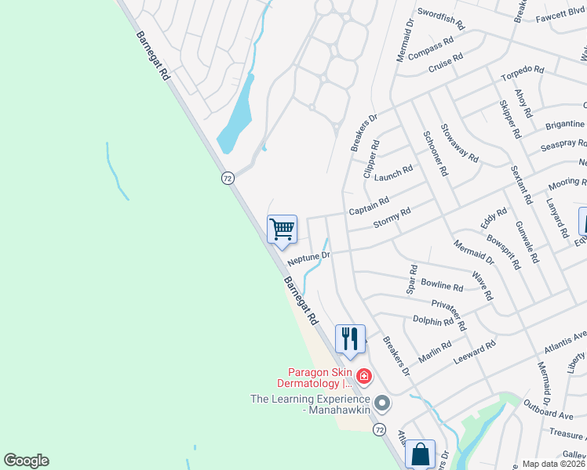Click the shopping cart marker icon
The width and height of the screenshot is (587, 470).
[x=282, y=230]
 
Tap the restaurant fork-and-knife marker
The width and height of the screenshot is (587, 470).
[x=351, y=338]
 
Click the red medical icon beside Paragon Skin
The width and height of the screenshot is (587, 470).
[x=363, y=378]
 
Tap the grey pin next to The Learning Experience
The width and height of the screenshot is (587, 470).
[x=382, y=403]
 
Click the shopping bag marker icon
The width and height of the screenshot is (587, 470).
[x=420, y=454]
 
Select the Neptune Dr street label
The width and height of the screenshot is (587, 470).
[x=308, y=257]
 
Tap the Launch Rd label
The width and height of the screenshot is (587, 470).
[x=393, y=175]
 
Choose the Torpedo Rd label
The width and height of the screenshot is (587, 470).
[x=523, y=74]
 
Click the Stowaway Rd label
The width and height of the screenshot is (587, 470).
[x=459, y=143]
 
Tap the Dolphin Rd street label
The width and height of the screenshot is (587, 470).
[x=432, y=320]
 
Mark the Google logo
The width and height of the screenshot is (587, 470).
[x=26, y=461]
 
